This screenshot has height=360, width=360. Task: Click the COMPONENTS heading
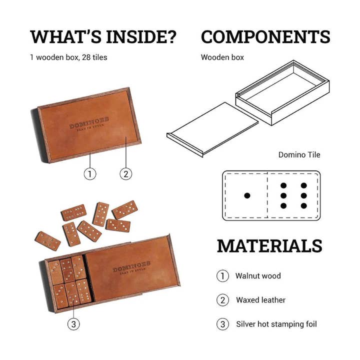tap(265, 37)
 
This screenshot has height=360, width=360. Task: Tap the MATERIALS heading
tap(269, 245)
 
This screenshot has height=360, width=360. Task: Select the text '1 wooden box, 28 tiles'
tap(68, 57)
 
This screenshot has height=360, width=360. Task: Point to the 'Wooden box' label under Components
tap(222, 57)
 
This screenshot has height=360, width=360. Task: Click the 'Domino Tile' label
tap(299, 155)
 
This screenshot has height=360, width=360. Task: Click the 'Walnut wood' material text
tap(258, 275)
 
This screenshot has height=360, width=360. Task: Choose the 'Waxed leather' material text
tap(260, 300)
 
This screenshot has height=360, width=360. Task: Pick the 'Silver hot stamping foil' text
tap(276, 324)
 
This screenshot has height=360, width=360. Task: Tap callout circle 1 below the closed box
tap(90, 173)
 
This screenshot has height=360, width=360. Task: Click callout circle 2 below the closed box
tap(125, 173)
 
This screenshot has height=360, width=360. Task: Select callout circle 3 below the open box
tap(73, 324)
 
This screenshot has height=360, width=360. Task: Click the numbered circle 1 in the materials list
tap(222, 275)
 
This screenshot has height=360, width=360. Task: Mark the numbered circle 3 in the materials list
tap(222, 324)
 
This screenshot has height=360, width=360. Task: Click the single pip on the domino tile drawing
tap(247, 195)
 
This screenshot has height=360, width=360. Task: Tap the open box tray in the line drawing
tap(282, 93)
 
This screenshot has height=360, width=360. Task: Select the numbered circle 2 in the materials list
tap(222, 300)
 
